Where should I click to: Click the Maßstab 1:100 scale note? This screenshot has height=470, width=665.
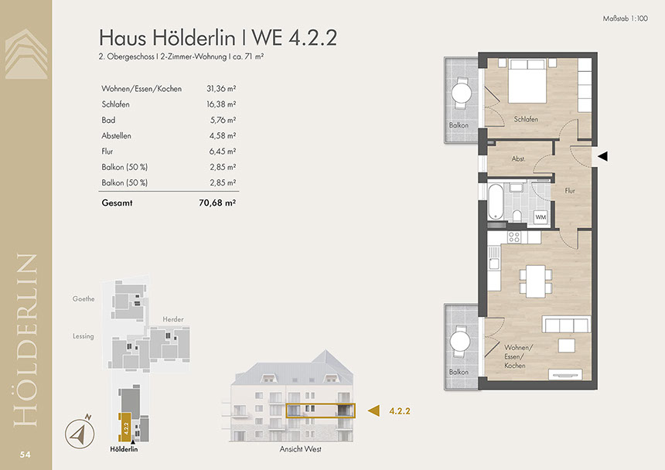coord(625,19)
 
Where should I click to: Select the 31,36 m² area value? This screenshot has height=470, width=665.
coord(221,89)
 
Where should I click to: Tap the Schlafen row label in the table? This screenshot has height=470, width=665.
coord(115,104)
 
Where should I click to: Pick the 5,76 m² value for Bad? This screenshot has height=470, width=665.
coord(223,120)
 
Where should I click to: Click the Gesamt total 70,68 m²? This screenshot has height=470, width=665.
coord(217,203)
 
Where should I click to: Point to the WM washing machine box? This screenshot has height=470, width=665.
coord(541,217)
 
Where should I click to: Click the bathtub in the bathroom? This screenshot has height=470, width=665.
coord(496,201)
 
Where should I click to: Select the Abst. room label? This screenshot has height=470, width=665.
coord(518,158)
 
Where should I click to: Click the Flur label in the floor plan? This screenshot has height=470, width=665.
coord(570,191)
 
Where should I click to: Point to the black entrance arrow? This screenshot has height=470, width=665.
coord(602,156)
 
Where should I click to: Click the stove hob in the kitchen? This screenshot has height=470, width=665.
coord(514,237)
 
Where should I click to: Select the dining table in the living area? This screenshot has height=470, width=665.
coord(536,281)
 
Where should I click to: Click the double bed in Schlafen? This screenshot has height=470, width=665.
coord(527,81)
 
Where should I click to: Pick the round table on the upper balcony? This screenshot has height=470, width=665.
coord(461,93)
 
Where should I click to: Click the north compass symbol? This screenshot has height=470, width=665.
coord(80,432)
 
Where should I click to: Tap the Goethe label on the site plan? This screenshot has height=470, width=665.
coord(84,299)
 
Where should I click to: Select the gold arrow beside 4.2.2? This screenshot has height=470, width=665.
coord(373,410)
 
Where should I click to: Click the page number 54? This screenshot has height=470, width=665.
coord(25,455)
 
